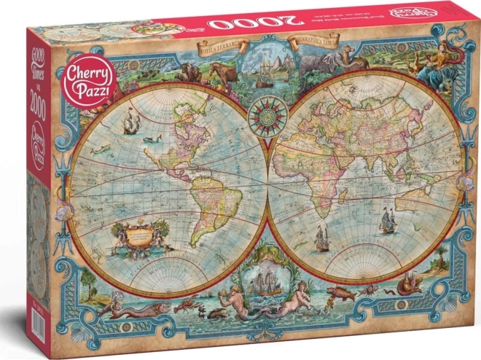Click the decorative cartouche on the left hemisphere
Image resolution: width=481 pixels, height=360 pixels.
click(139, 235)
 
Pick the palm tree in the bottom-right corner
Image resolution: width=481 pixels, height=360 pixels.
click(441, 255)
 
